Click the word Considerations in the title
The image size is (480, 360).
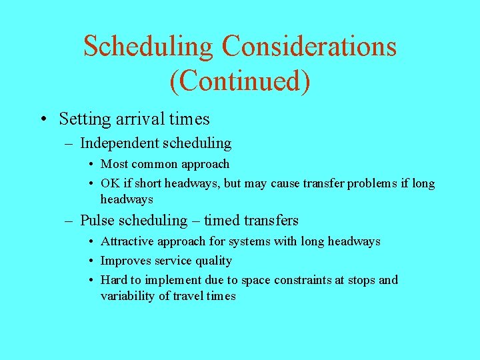[x=309, y=47]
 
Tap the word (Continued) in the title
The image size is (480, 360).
[x=240, y=81]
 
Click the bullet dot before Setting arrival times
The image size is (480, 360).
[x=43, y=120]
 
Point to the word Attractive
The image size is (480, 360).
[x=130, y=241]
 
